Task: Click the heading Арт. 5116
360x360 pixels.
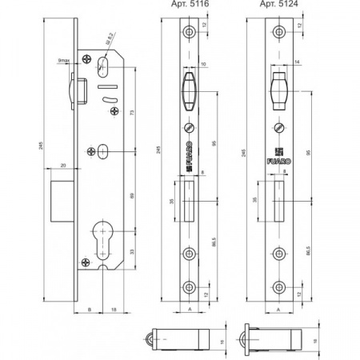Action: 190,6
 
